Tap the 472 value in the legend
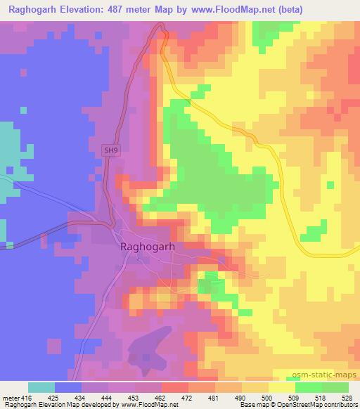click(188, 398)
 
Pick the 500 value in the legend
click(268, 398)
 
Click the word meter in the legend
click(10, 398)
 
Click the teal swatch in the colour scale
click(41, 387)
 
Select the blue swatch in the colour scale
click(68, 387)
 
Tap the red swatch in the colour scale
click(175, 387)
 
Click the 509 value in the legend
click(295, 398)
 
